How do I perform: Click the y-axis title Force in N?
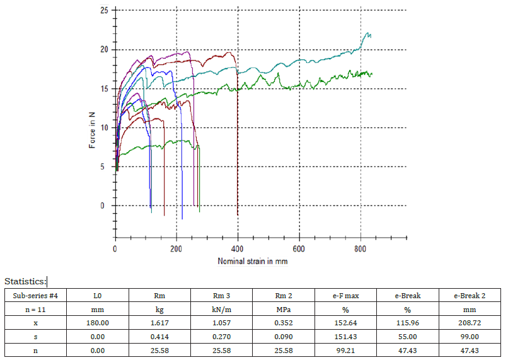click(x=93, y=131)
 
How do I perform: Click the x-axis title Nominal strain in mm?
click(x=253, y=261)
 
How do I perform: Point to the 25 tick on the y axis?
click(x=103, y=10)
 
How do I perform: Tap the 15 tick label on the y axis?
click(x=103, y=88)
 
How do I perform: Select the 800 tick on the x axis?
click(x=360, y=249)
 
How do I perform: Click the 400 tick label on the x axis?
click(x=238, y=249)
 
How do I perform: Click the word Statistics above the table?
click(x=25, y=281)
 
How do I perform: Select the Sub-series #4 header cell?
click(x=35, y=294)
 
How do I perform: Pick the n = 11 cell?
click(x=35, y=308)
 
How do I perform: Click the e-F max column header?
click(x=345, y=294)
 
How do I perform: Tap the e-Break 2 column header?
click(x=469, y=294)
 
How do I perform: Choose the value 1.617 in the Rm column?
click(x=159, y=323)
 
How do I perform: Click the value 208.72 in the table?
click(x=469, y=323)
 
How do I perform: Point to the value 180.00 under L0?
click(x=97, y=323)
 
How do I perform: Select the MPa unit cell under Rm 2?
click(x=283, y=308)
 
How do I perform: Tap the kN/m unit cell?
click(x=221, y=308)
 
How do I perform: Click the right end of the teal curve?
click(x=371, y=35)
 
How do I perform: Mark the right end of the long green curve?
click(x=372, y=74)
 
